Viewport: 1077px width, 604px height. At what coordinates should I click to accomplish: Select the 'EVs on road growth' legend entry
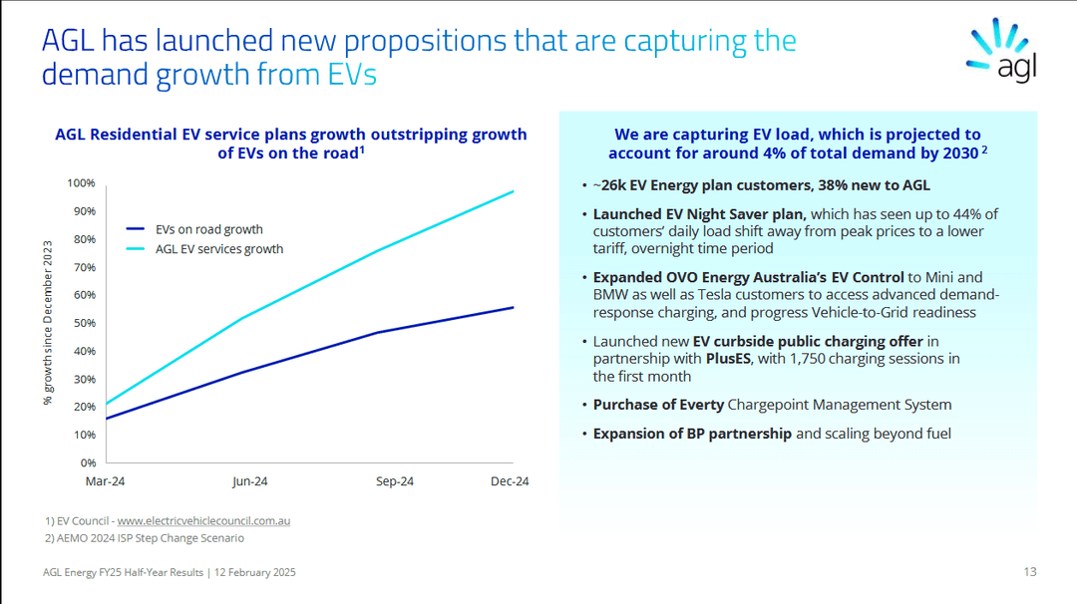[208, 229]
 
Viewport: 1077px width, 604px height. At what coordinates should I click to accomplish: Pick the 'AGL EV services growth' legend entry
[218, 249]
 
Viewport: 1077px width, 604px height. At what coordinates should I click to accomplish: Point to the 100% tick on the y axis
[81, 183]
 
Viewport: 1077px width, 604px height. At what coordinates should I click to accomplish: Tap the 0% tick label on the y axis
[87, 462]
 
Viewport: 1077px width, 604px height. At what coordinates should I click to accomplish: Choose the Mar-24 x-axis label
[105, 481]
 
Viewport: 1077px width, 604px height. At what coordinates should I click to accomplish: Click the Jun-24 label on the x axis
[249, 481]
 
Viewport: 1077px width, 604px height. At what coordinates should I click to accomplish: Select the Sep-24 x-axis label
[395, 481]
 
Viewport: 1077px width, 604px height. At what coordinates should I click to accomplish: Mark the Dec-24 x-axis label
[510, 481]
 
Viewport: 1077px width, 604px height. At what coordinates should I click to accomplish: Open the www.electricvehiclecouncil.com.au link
[203, 520]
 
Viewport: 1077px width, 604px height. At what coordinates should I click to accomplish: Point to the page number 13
[1030, 572]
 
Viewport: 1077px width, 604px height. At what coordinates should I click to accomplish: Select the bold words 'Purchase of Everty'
[658, 405]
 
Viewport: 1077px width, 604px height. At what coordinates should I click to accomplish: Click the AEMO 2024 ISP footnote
[145, 538]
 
